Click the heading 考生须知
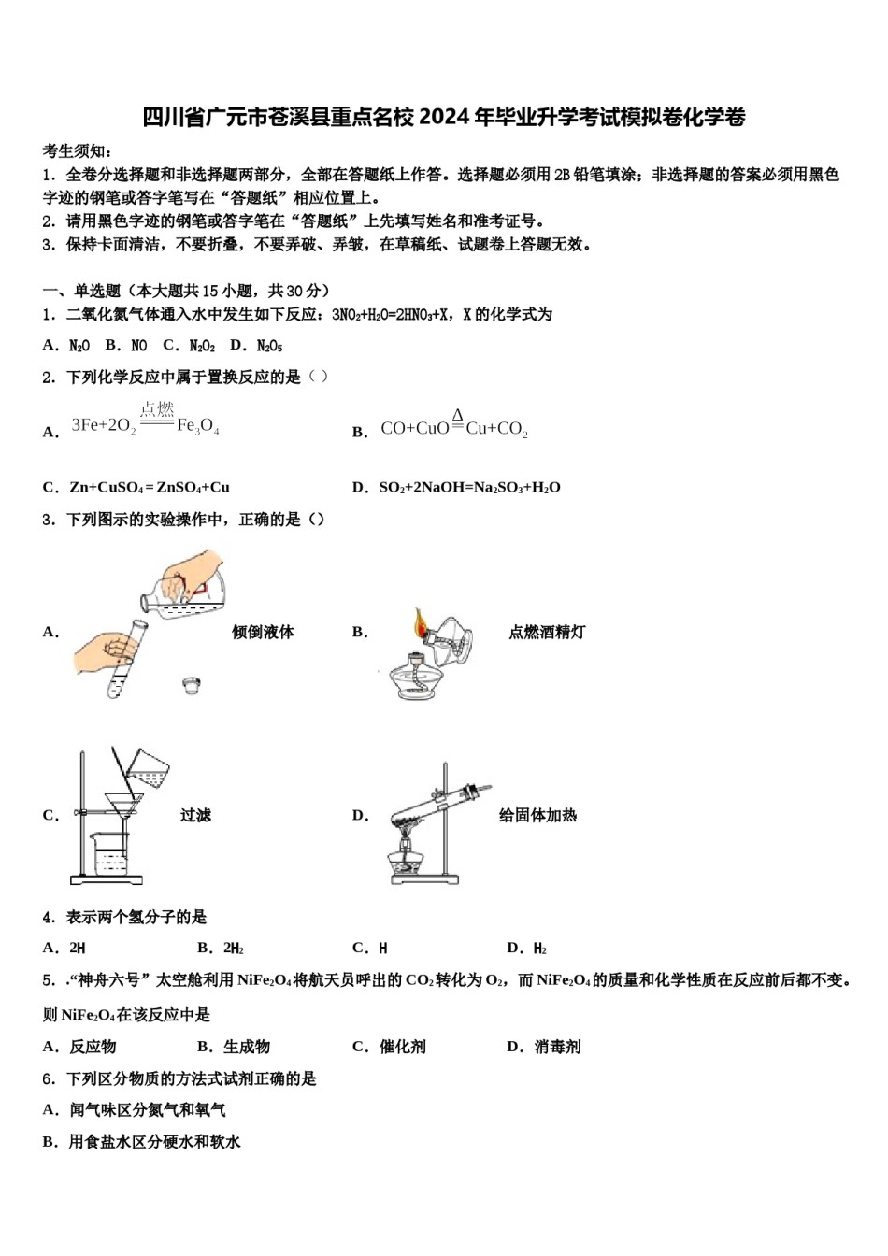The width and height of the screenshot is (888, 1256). coord(77,151)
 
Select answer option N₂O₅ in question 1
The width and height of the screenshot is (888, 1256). coord(269,346)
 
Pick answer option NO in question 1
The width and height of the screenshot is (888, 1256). coord(138,346)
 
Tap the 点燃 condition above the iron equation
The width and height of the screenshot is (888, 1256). coord(157,408)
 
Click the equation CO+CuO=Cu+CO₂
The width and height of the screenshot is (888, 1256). coord(454,429)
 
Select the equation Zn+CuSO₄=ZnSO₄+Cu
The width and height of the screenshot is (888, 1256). coord(150,487)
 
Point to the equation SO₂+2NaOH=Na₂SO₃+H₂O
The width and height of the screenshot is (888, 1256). coord(469,487)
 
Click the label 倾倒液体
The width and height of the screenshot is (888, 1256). coord(263,633)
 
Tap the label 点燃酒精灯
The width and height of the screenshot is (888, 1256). coord(547,633)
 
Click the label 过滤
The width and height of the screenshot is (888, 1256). coord(195,816)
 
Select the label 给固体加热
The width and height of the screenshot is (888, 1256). coord(537,816)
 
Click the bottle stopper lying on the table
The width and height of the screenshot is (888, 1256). coord(192,685)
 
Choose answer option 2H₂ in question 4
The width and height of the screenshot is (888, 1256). coord(233,949)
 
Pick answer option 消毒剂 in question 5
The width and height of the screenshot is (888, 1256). coord(557,1047)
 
